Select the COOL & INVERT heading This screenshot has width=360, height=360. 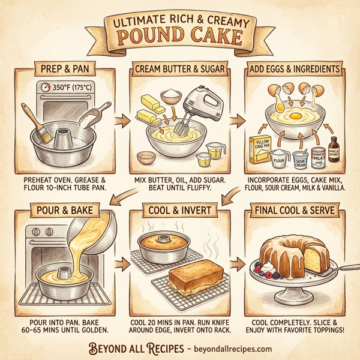[x=180, y=212]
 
